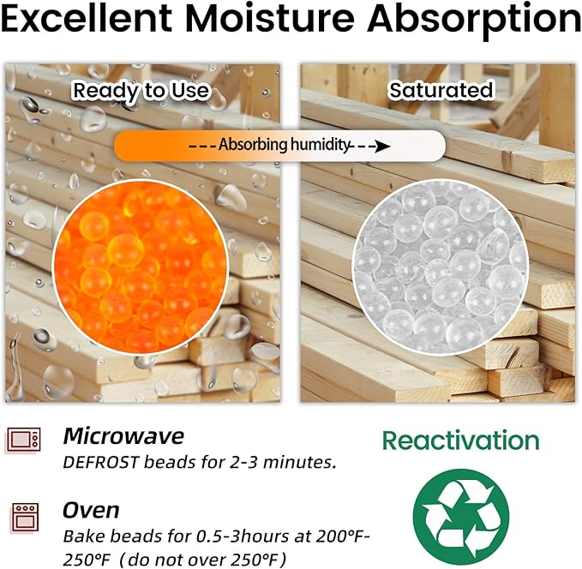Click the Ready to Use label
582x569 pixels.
[141, 90]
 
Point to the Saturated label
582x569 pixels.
[441, 90]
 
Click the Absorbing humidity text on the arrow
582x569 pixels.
[285, 146]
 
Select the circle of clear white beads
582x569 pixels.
[439, 268]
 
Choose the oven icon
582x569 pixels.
[23, 518]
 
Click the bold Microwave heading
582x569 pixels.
[123, 436]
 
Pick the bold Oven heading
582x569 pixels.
[90, 511]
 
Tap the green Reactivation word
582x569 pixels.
[460, 440]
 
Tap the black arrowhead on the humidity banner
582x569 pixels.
[383, 147]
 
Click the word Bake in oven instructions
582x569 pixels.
[81, 537]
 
